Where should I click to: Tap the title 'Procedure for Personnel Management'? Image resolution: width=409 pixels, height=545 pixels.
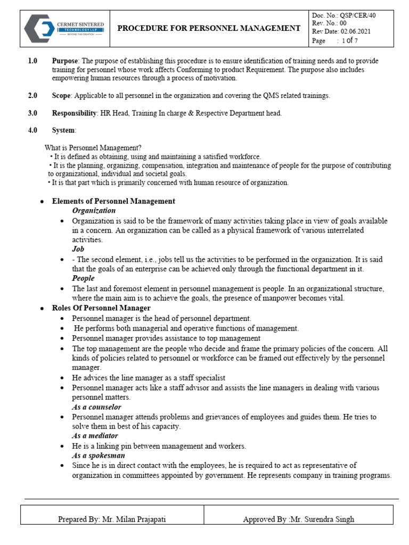click(x=209, y=28)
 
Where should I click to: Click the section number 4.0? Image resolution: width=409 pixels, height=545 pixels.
click(x=32, y=130)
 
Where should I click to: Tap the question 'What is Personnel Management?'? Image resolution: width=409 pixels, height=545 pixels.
click(x=93, y=148)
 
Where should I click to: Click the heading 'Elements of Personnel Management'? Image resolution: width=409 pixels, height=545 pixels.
click(x=113, y=201)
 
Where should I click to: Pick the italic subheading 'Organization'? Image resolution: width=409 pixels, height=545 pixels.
click(x=94, y=211)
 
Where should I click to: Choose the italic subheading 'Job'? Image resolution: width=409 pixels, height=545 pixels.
click(x=78, y=249)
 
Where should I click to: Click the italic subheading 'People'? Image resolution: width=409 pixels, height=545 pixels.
click(x=83, y=278)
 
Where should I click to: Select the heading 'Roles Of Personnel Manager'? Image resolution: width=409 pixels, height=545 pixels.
click(x=101, y=308)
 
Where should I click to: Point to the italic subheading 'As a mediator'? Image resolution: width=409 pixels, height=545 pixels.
click(x=95, y=436)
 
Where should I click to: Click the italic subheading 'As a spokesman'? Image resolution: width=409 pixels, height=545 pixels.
click(x=99, y=456)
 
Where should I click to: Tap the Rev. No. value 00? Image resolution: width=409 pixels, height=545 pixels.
click(x=343, y=23)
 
